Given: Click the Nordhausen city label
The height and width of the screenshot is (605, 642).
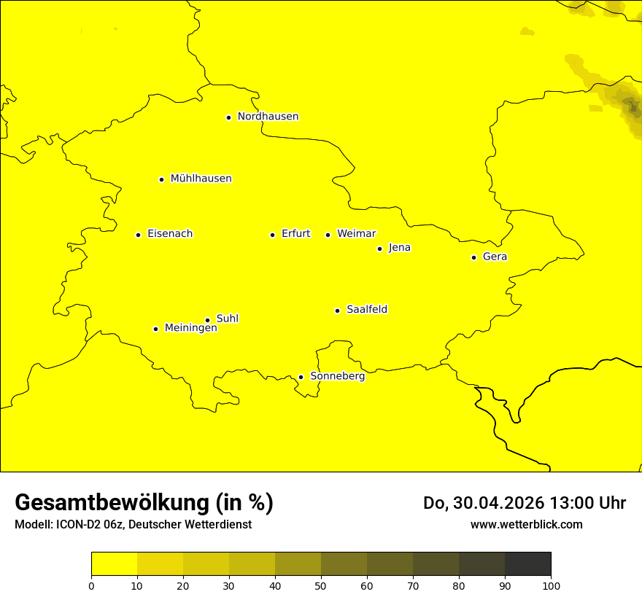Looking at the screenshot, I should click(x=268, y=117).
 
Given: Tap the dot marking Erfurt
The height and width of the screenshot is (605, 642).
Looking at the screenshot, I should click(x=272, y=235).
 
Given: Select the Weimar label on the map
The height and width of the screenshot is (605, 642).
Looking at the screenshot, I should click(x=356, y=234).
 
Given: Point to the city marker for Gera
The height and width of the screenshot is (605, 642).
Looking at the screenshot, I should click(x=473, y=257).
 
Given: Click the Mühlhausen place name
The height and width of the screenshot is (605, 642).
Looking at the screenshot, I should click(x=201, y=179).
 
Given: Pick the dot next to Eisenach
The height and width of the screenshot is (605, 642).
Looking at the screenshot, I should click(x=138, y=235).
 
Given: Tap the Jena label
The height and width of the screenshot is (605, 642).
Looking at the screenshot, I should click(x=399, y=248).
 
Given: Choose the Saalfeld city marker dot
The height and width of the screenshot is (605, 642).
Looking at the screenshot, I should click(x=337, y=311).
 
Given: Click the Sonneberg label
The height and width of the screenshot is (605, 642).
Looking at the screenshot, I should click(x=337, y=376).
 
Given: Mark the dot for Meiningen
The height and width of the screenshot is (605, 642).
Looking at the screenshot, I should click(x=155, y=329).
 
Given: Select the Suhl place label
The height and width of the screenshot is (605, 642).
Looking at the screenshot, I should click(x=228, y=319).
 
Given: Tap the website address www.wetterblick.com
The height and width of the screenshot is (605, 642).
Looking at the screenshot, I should click(x=526, y=524).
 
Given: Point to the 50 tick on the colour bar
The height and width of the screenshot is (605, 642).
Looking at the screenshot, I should click(x=321, y=585).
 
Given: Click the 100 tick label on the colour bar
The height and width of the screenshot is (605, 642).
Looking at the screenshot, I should click(x=551, y=585).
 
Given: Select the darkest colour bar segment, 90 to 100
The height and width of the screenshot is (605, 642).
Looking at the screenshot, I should click(x=527, y=563).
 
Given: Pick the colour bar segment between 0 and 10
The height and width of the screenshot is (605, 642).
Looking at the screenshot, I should click(x=114, y=563).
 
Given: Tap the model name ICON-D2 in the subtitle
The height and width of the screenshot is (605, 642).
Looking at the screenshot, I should click(x=77, y=525).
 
